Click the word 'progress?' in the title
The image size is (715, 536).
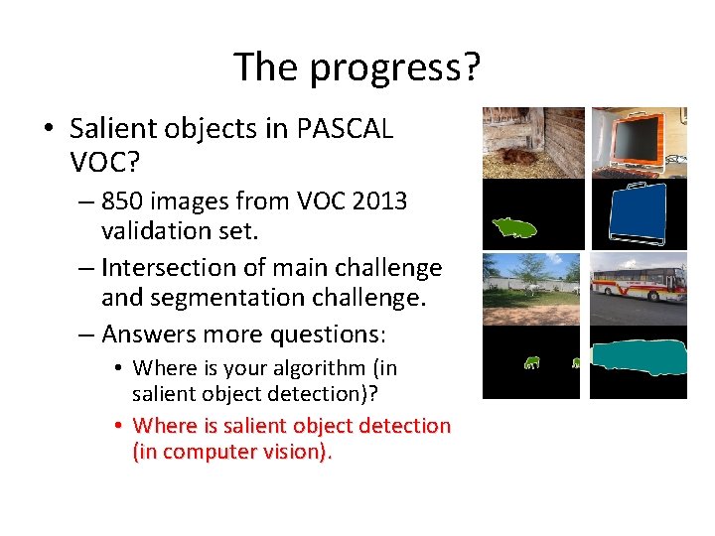[x=395, y=68]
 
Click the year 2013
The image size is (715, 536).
[x=373, y=201]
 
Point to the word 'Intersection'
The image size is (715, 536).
[x=165, y=268]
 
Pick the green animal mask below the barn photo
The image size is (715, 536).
[x=514, y=227]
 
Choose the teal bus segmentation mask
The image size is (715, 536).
[x=639, y=358]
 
